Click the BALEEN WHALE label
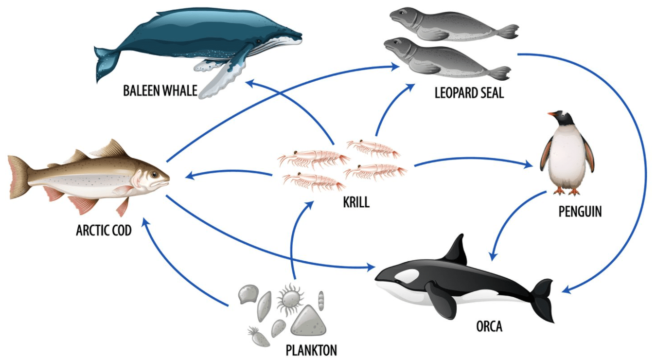pyautogui.click(x=160, y=90)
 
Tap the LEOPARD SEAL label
pyautogui.click(x=469, y=92)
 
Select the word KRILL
pyautogui.click(x=356, y=202)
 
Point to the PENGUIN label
pyautogui.click(x=580, y=212)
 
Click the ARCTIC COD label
pyautogui.click(x=104, y=230)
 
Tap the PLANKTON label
pyautogui.click(x=311, y=350)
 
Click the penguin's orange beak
pyautogui.click(x=551, y=115)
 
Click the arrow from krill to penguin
pyautogui.click(x=472, y=159)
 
